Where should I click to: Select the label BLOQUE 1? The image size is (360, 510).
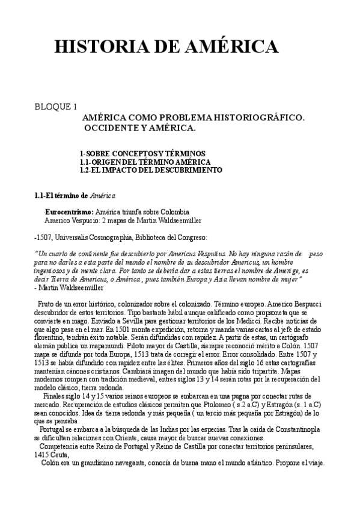[x=56, y=107]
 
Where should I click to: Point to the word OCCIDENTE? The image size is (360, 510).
[x=112, y=129]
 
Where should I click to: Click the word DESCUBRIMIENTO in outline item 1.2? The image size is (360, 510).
[x=192, y=170]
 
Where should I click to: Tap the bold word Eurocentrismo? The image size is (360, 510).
[x=68, y=212]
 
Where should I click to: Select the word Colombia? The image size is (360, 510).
[x=175, y=212]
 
